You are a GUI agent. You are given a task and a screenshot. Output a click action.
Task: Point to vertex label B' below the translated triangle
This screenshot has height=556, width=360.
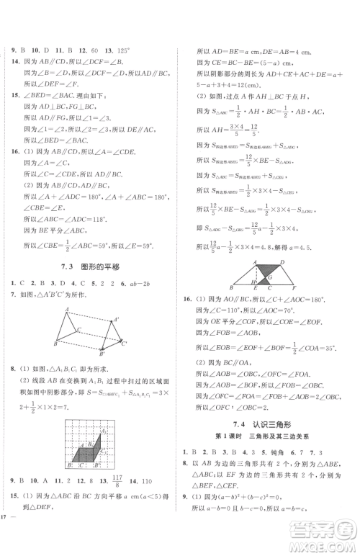(x=102, y=355)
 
